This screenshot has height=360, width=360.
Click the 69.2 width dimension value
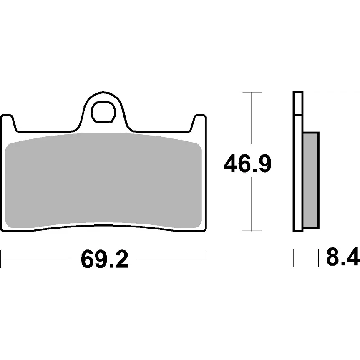(104, 259)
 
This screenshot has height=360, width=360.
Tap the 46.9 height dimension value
(247, 163)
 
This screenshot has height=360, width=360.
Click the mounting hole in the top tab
(103, 112)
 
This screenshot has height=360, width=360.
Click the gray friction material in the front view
(103, 180)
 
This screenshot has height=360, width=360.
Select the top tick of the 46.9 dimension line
(252, 92)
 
